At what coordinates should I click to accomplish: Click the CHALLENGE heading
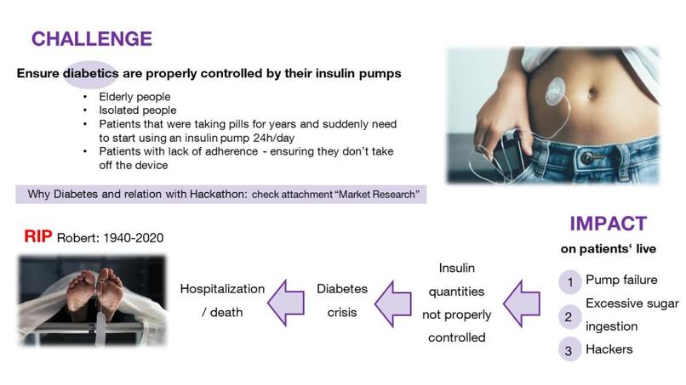coord(92,39)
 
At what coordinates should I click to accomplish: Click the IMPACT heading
coord(609,224)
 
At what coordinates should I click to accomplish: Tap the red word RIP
coord(38,236)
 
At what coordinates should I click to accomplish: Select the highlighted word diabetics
coord(91,73)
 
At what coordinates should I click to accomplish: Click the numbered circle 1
coord(569,282)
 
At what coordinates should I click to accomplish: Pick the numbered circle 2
coord(569,316)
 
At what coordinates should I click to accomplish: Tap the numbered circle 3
coord(569,350)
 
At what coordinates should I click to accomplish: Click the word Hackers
coord(609,349)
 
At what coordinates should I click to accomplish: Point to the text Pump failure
coord(621,280)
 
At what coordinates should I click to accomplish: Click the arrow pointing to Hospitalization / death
coord(286,303)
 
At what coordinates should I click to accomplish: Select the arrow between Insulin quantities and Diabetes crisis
coord(393,303)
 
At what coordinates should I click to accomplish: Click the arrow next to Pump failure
coord(522,303)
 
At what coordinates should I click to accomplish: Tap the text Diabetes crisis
coord(342,301)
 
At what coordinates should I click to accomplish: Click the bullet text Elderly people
coord(134,97)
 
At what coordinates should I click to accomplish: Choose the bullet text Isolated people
coord(138,110)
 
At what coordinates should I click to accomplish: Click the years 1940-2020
coord(134,238)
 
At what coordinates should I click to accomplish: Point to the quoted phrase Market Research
coord(377,194)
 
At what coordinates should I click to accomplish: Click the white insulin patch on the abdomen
coord(556,90)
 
